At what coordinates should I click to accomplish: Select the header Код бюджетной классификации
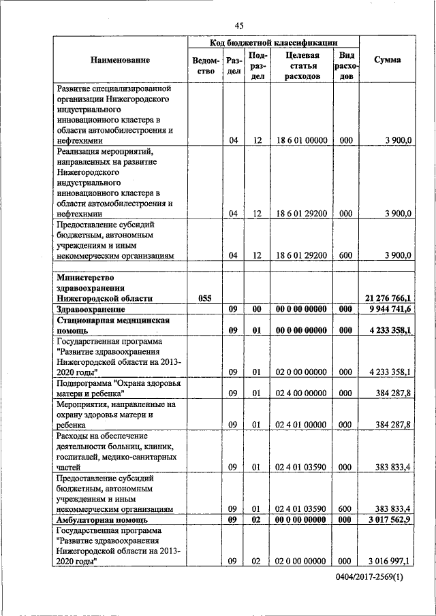273,42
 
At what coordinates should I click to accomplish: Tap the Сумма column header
388,60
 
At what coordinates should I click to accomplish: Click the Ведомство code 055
205,298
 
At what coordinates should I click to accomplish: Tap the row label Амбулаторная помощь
99,519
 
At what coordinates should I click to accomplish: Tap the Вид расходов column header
345,65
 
